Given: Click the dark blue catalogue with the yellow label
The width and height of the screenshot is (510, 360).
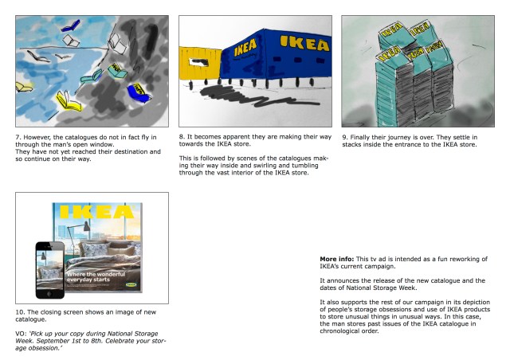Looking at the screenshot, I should click(x=138, y=92).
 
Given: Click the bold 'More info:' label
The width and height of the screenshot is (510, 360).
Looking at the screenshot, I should click(x=336, y=260).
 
